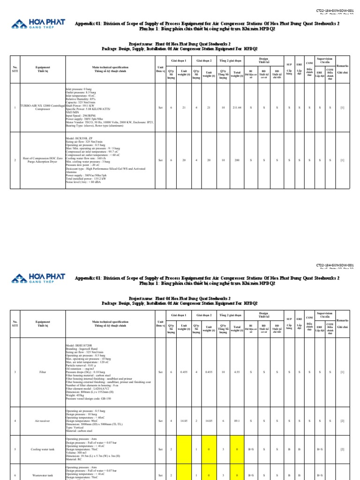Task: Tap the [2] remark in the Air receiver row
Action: pyautogui.click(x=342, y=420)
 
